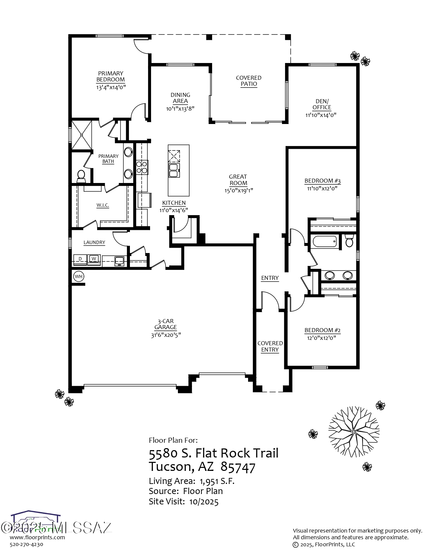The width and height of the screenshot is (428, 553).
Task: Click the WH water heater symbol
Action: (x=79, y=276)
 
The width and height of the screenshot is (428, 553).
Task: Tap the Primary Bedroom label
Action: (x=110, y=76)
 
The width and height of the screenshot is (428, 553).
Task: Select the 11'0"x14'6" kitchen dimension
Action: (x=174, y=210)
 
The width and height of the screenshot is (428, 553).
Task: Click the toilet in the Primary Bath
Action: (x=81, y=175)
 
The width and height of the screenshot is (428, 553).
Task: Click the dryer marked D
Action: (x=80, y=259)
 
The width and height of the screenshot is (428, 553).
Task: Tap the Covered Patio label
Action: (x=249, y=81)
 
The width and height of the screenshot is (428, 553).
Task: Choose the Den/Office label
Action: (x=322, y=104)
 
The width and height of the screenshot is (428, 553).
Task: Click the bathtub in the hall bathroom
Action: (x=324, y=241)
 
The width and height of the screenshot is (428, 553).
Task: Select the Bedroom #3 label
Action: (x=322, y=181)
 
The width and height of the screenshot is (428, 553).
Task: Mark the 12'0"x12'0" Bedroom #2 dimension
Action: (x=322, y=338)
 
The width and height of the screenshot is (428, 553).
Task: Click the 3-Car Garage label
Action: (x=165, y=324)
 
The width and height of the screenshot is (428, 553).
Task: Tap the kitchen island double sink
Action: (x=174, y=170)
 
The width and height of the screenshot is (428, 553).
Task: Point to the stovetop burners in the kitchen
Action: (x=142, y=167)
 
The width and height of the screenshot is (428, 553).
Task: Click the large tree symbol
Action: (x=354, y=433)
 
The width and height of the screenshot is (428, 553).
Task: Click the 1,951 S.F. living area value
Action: (x=217, y=481)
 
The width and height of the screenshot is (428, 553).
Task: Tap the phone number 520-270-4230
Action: (x=27, y=545)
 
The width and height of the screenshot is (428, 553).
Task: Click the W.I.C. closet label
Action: (x=102, y=205)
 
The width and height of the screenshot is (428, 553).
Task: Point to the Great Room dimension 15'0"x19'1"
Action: (x=238, y=190)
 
